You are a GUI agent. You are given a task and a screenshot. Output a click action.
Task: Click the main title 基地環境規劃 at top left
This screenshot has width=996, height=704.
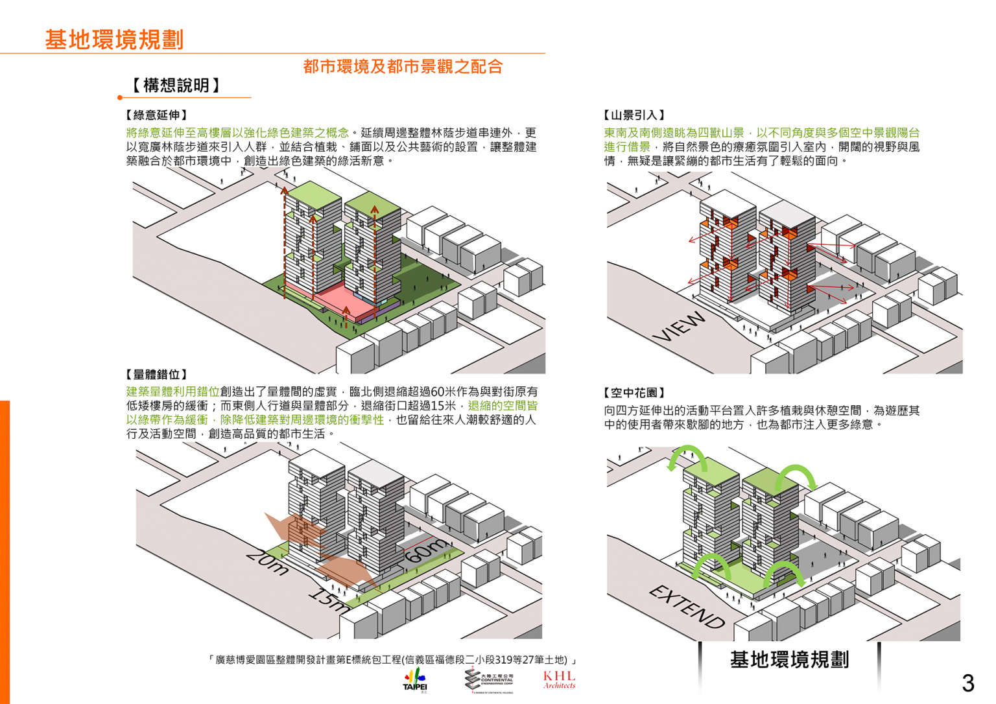tap(114, 40)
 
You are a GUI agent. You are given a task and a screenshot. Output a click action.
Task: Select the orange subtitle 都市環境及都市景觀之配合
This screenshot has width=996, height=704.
tap(403, 66)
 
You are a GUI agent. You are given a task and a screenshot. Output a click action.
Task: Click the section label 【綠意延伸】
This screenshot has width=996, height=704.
tap(156, 115)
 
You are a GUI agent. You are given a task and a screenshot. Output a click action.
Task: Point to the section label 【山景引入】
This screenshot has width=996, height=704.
tap(634, 115)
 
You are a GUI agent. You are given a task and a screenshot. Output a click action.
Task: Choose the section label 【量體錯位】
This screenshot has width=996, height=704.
tap(156, 375)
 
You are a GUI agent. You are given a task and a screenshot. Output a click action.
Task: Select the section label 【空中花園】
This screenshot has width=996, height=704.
tap(634, 393)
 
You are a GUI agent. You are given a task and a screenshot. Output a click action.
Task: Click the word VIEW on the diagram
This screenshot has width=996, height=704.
tap(679, 327)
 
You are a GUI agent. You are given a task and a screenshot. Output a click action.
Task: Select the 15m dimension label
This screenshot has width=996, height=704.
tap(328, 600)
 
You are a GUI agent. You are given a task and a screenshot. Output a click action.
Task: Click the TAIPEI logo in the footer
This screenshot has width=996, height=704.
tap(415, 680)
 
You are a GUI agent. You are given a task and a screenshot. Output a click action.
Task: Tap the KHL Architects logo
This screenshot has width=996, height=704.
tap(559, 679)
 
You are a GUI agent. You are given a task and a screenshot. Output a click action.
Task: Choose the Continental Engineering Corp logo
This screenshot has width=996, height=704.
tap(490, 680)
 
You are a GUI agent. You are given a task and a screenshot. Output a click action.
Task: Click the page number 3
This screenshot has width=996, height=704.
tap(967, 683)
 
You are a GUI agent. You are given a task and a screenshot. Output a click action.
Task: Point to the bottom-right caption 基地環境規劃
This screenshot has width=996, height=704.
tap(789, 660)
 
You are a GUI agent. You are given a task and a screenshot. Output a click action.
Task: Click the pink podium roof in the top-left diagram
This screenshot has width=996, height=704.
tap(324, 295)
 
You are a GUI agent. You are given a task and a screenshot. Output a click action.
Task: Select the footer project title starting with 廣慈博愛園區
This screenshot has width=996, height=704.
tap(392, 660)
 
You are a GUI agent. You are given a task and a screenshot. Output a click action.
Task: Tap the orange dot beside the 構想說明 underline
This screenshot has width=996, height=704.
tap(120, 98)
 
